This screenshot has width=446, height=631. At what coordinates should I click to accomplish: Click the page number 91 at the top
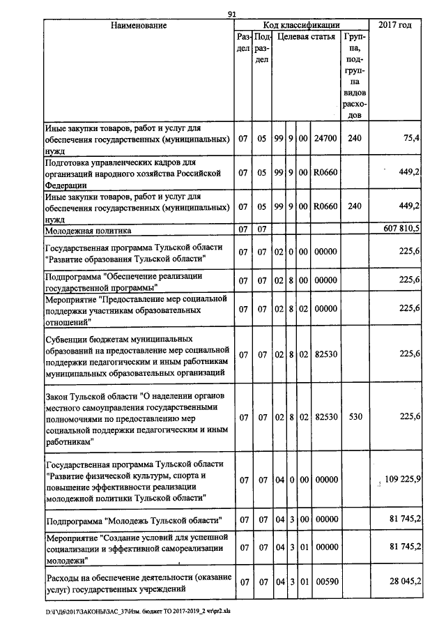(x=233, y=13)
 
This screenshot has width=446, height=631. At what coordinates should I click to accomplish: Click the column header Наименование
(x=137, y=26)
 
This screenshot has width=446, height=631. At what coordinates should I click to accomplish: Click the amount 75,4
(x=410, y=139)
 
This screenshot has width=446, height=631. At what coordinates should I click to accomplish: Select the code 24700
(x=325, y=139)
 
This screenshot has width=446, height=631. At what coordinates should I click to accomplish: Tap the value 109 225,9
(x=402, y=480)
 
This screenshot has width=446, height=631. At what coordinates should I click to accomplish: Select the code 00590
(x=325, y=581)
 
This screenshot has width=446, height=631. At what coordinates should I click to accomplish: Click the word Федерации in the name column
(x=66, y=185)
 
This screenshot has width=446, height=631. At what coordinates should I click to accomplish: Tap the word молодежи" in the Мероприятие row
(x=66, y=560)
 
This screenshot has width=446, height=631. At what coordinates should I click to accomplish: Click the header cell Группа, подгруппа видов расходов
(x=355, y=73)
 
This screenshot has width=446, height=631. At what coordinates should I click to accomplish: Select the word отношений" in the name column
(x=68, y=323)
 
